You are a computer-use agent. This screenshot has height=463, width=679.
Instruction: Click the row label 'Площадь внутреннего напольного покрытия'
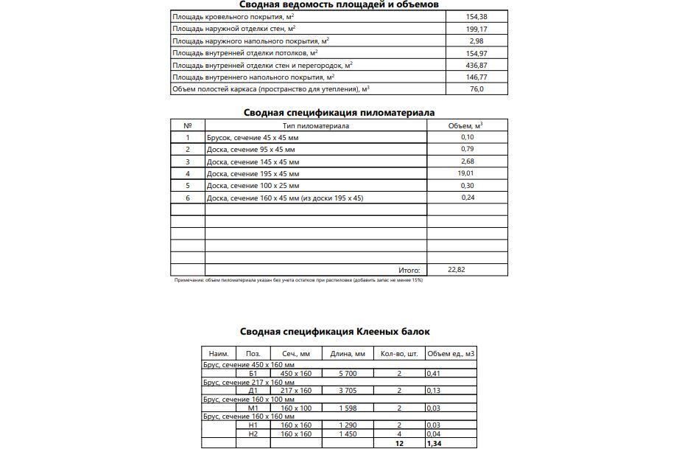[x=253, y=77]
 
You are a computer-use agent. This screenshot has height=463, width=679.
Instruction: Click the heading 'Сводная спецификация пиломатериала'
[x=339, y=113]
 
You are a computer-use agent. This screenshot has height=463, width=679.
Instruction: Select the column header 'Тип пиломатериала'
[x=315, y=125]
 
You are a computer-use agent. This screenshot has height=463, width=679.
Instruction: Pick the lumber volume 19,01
[x=467, y=173]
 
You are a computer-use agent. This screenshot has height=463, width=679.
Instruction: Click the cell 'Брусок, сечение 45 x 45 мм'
[x=253, y=138]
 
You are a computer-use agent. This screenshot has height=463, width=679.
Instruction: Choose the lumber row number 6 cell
[x=188, y=198]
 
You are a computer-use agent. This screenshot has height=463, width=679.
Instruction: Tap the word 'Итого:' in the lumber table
[x=409, y=270]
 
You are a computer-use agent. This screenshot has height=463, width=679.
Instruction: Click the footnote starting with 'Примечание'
[x=298, y=280]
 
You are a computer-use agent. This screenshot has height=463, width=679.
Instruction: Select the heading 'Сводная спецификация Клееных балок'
[x=335, y=333]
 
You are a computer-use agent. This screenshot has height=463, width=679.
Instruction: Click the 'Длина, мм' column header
[x=348, y=354]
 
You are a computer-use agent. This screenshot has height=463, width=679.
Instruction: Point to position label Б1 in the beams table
[x=254, y=374]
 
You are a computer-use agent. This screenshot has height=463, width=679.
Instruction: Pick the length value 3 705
[x=348, y=391]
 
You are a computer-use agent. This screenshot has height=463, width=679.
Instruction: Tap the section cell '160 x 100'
[x=296, y=408]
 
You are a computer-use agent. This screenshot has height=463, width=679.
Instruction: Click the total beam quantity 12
[x=399, y=444]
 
